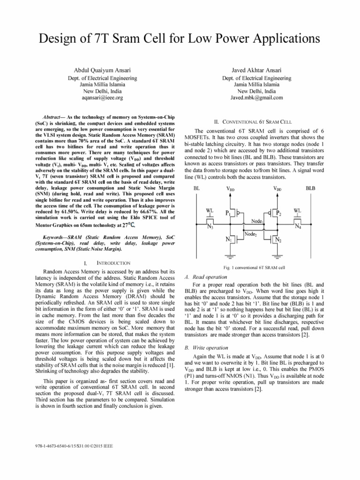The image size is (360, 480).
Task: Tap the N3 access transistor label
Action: click(210, 226)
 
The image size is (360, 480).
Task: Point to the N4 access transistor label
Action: click(298, 226)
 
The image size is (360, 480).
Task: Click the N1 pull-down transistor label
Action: click(229, 240)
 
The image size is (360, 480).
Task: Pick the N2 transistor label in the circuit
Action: click(277, 240)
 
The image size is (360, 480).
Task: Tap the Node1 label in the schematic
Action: click(256, 221)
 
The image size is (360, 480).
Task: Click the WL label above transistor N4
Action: click(297, 210)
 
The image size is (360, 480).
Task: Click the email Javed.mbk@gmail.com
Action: click(256, 98)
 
